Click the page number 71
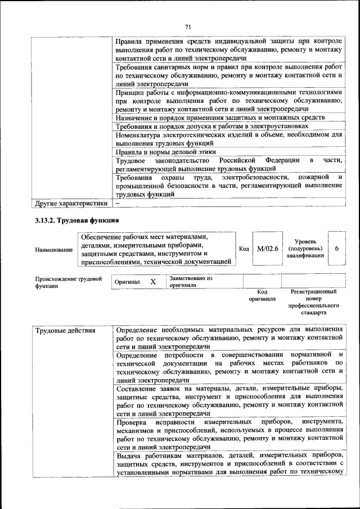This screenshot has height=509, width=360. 188,25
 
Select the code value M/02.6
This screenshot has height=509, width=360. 267,249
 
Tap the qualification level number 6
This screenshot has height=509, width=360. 336,249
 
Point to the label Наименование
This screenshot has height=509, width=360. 53,249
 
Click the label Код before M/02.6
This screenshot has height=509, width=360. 244,249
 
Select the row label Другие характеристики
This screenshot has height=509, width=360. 71,202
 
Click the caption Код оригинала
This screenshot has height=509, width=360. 262,295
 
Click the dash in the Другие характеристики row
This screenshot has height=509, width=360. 118,202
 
